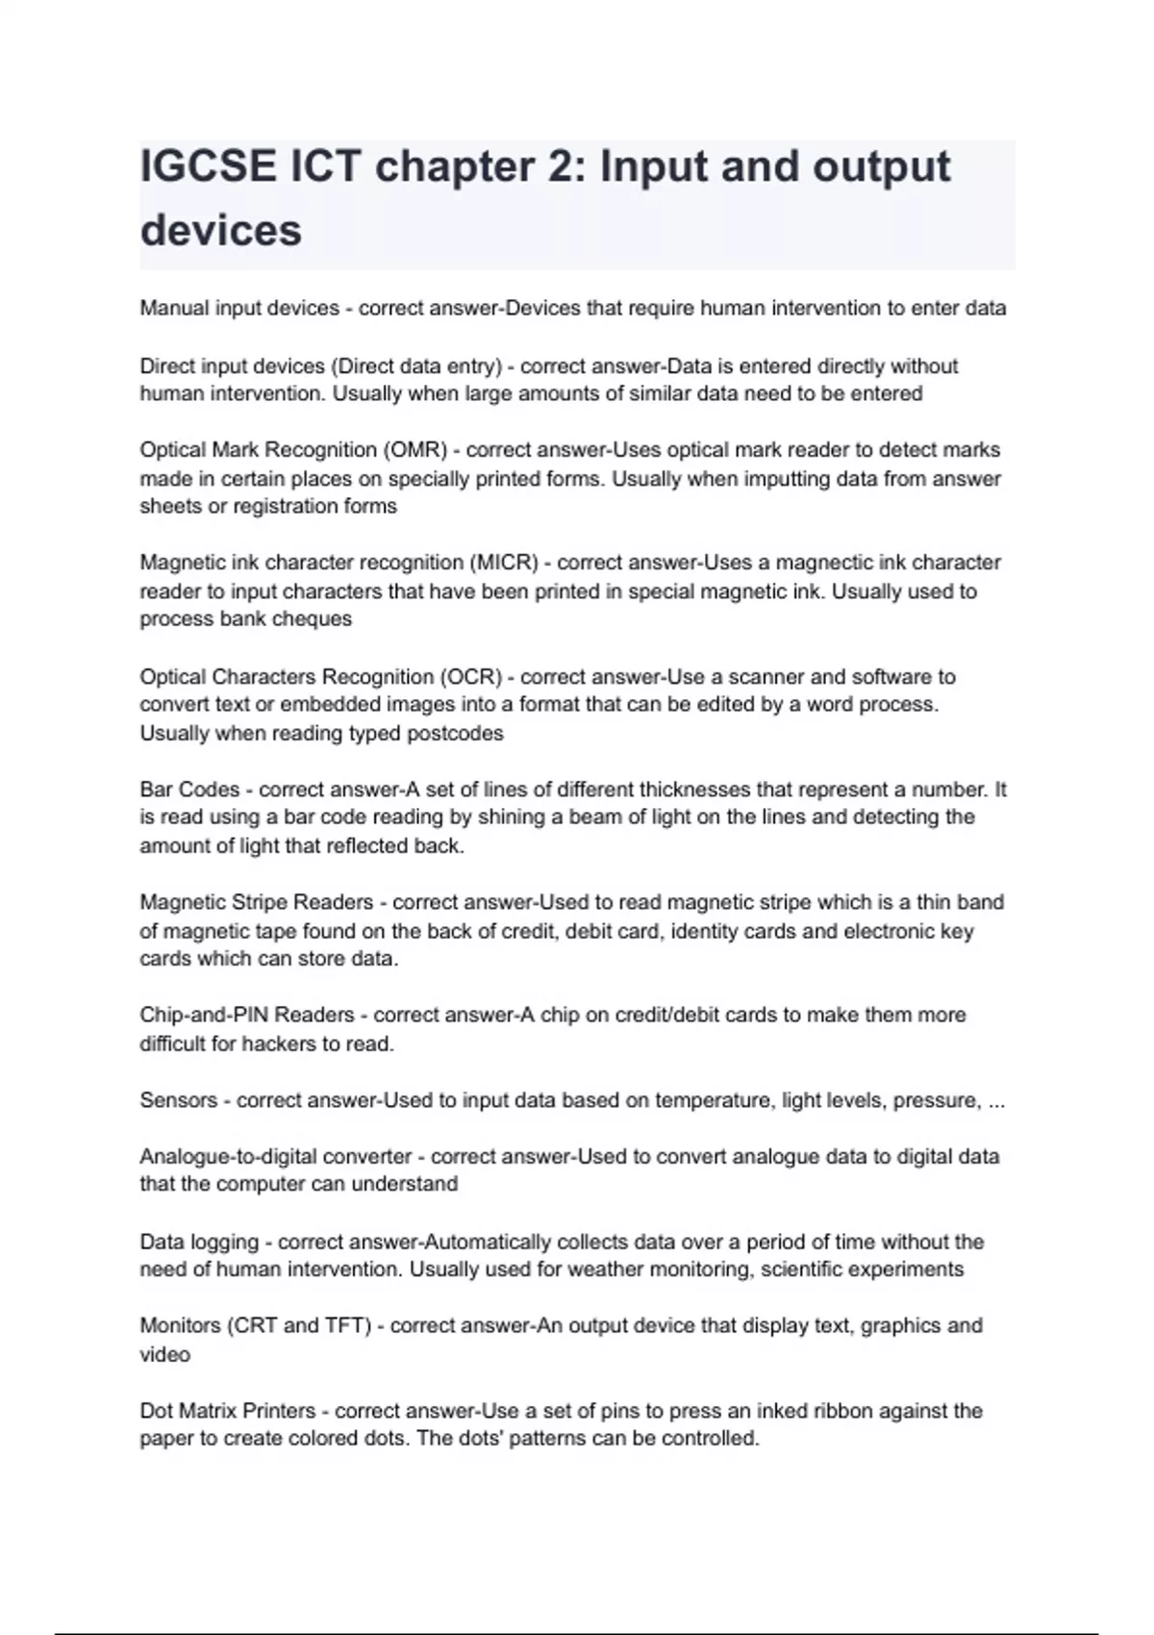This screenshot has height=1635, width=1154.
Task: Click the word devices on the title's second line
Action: click(x=221, y=231)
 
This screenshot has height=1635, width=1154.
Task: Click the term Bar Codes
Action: click(x=189, y=790)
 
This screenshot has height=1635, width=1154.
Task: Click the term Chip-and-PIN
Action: click(x=205, y=1015)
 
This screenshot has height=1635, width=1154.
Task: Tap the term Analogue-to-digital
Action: click(x=228, y=1156)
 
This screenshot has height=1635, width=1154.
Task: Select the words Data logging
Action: click(x=199, y=1242)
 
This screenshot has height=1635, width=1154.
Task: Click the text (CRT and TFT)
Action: click(x=299, y=1325)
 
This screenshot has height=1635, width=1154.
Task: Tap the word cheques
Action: click(x=312, y=618)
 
